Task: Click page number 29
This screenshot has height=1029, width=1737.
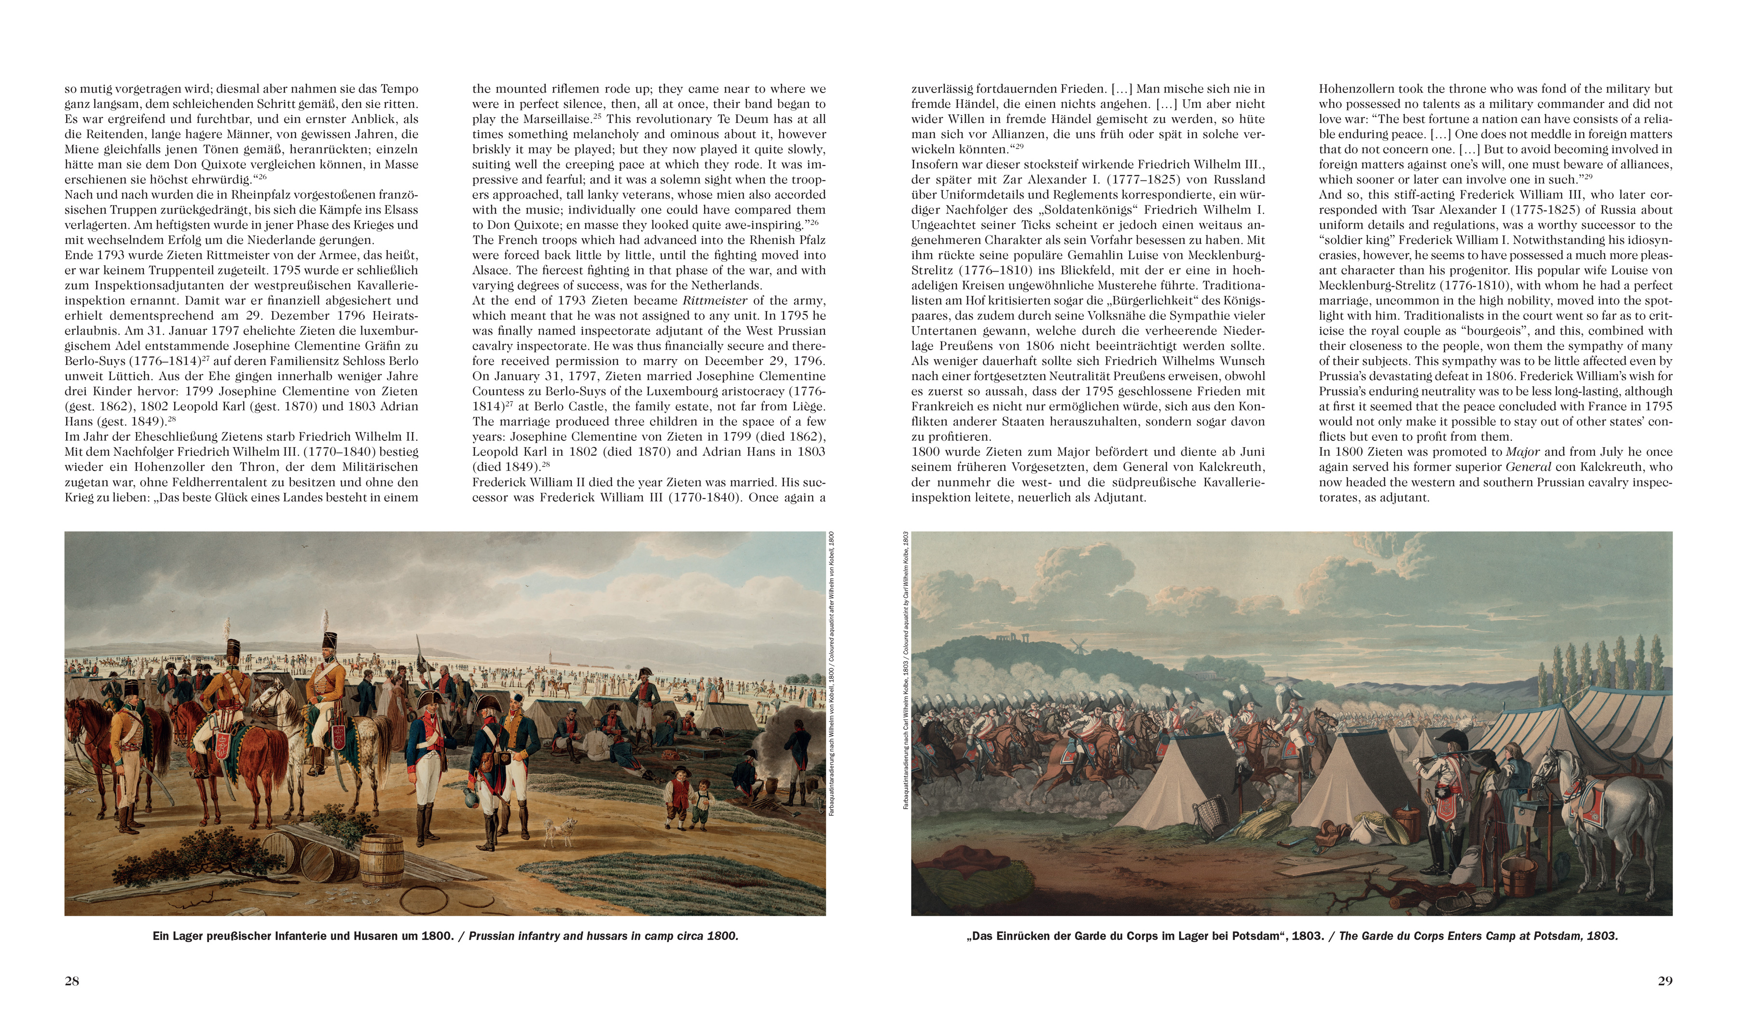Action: point(1665,980)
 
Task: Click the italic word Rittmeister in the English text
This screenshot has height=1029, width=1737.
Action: point(715,301)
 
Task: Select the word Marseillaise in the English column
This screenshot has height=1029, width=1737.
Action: point(549,119)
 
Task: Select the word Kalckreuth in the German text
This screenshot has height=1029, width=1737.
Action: point(1228,467)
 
